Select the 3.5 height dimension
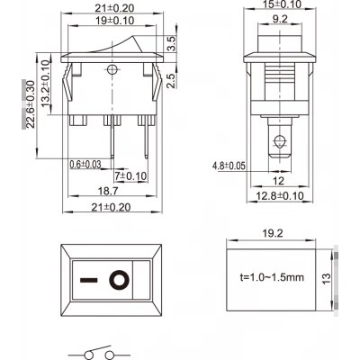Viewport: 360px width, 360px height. (x=171, y=44)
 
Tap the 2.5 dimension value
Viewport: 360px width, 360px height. (x=171, y=80)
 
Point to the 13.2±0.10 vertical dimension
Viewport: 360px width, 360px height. (x=45, y=84)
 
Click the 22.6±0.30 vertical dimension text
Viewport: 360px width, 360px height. (x=31, y=104)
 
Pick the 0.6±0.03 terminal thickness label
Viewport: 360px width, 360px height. (x=85, y=164)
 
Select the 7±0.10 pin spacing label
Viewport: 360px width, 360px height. (x=130, y=176)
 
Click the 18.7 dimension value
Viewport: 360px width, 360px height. (x=108, y=191)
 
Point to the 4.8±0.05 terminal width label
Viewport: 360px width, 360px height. (x=229, y=166)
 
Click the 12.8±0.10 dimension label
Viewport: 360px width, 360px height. (x=280, y=196)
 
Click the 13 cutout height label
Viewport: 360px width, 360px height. (x=327, y=279)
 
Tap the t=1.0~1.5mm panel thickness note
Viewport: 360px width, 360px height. (x=272, y=277)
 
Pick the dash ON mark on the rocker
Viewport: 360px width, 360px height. (x=89, y=281)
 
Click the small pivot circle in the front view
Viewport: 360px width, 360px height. (x=112, y=70)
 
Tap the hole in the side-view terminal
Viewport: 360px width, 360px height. (x=279, y=140)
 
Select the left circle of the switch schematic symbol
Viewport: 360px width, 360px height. (x=89, y=355)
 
